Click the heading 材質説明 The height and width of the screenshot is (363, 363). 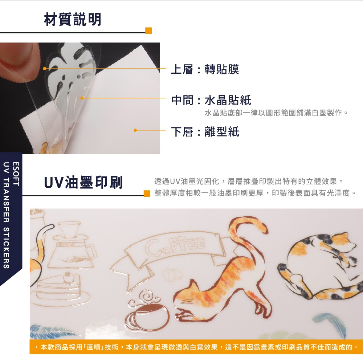click(x=73, y=19)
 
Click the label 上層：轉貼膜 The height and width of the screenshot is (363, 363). click(x=205, y=69)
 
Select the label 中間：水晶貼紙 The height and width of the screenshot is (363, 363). click(x=211, y=100)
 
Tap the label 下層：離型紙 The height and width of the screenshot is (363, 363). click(x=205, y=132)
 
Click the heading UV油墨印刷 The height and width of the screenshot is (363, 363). click(x=83, y=183)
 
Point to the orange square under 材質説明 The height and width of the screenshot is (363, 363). click(x=148, y=30)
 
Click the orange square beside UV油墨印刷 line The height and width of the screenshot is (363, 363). click(x=147, y=193)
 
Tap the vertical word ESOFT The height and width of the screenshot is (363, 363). click(x=16, y=174)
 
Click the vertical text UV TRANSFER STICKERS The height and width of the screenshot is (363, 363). click(x=6, y=215)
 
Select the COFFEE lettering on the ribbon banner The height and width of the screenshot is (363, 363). click(x=175, y=245)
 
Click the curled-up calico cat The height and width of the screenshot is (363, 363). click(x=321, y=266)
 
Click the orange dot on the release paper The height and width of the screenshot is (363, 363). click(x=135, y=130)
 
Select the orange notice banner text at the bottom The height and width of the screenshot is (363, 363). click(x=196, y=347)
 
